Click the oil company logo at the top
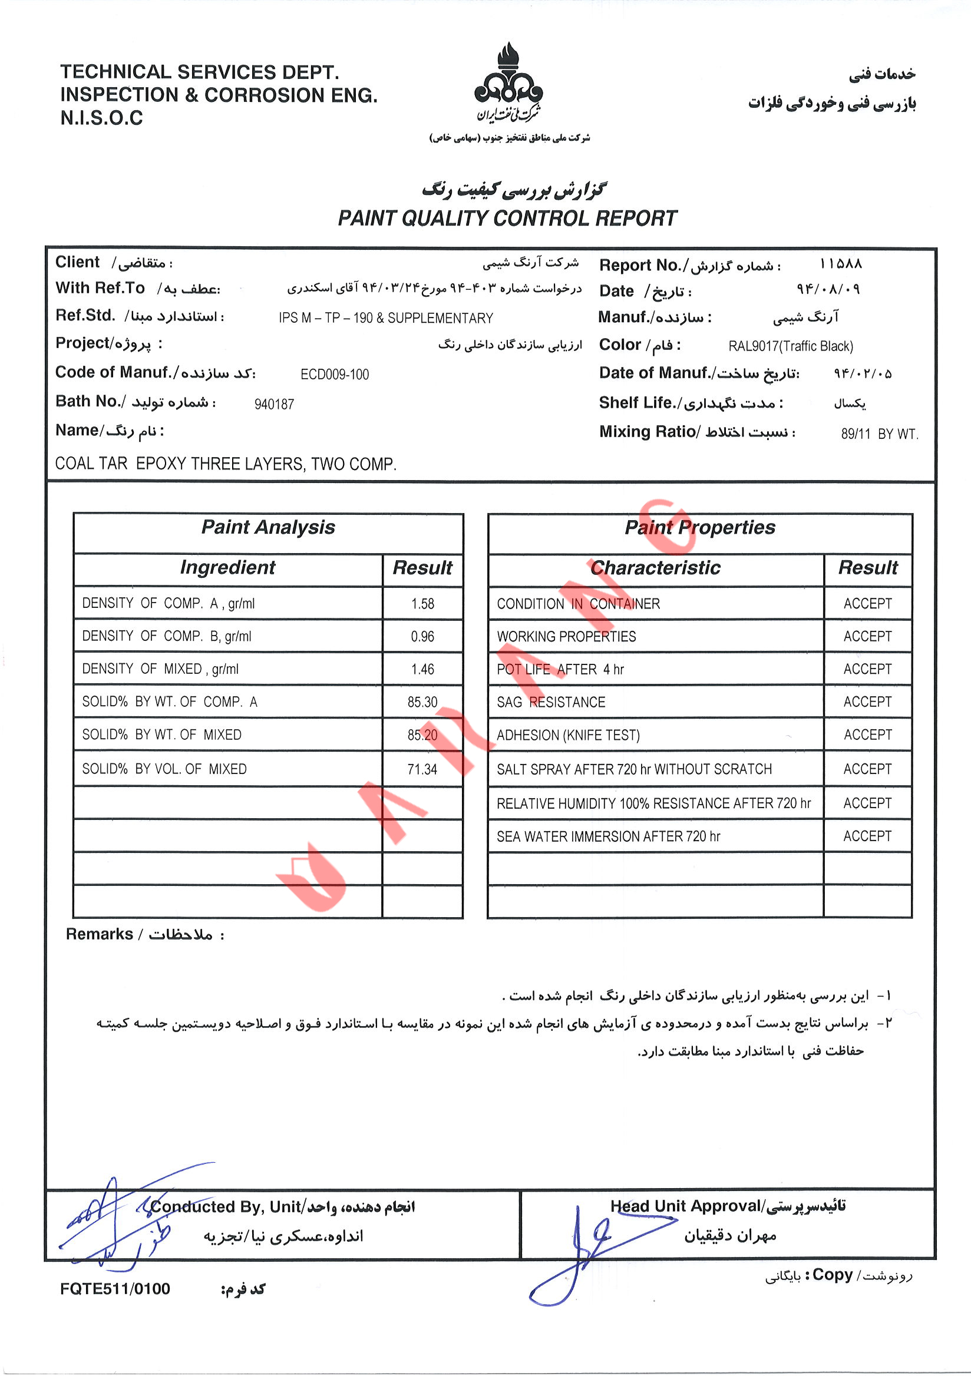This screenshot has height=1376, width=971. tap(508, 82)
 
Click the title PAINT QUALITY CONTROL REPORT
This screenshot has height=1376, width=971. tap(507, 218)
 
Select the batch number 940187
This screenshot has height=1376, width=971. tap(274, 405)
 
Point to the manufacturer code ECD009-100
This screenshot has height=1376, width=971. tap(335, 375)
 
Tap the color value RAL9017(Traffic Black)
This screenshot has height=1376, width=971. tap(791, 346)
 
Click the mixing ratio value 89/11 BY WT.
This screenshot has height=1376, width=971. tap(878, 434)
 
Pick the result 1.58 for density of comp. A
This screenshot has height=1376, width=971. tap(422, 604)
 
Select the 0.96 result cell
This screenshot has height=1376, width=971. tap(422, 637)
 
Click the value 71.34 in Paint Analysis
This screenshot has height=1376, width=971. tap(422, 769)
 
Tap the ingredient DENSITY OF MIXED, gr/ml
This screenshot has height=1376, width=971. tap(160, 669)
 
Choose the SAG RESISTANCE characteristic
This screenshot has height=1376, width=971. tap(551, 702)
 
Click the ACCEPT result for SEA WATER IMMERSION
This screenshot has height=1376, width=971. tap(867, 836)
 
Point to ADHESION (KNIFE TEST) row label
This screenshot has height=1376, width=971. tap(568, 735)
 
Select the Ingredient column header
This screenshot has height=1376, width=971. tap(228, 567)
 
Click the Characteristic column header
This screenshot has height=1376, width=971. tap(655, 567)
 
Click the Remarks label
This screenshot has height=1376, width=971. tap(100, 934)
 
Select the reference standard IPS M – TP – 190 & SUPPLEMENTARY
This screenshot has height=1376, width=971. tap(385, 318)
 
